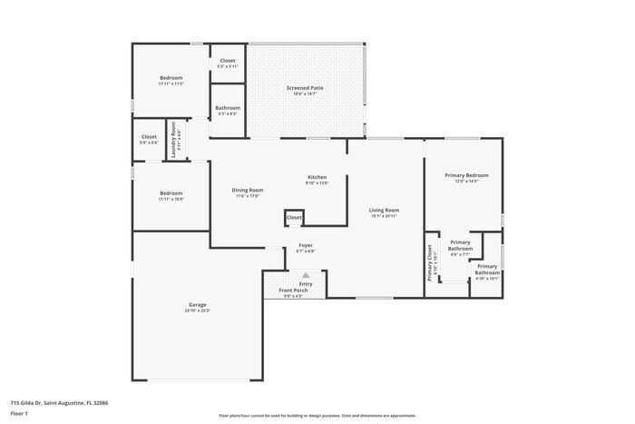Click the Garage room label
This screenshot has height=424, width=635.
(x=197, y=304)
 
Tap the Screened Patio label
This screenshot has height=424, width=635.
(x=305, y=88)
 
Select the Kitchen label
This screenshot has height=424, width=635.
(x=317, y=177)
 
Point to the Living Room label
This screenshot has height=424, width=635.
(x=385, y=210)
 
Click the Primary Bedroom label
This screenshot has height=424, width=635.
(x=465, y=174)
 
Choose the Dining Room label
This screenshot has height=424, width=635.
(x=248, y=190)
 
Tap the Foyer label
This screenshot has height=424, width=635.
(x=306, y=246)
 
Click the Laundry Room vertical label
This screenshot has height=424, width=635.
(x=173, y=141)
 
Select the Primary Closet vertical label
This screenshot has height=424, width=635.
(x=431, y=262)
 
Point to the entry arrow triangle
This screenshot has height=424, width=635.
(x=306, y=274)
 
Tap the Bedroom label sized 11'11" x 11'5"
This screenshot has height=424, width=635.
(x=171, y=78)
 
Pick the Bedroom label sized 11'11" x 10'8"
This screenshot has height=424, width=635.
(x=171, y=193)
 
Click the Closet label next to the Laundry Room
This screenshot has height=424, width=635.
(x=149, y=137)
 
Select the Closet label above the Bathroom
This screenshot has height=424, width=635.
(x=228, y=61)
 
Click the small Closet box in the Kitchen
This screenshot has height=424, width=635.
(x=294, y=218)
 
